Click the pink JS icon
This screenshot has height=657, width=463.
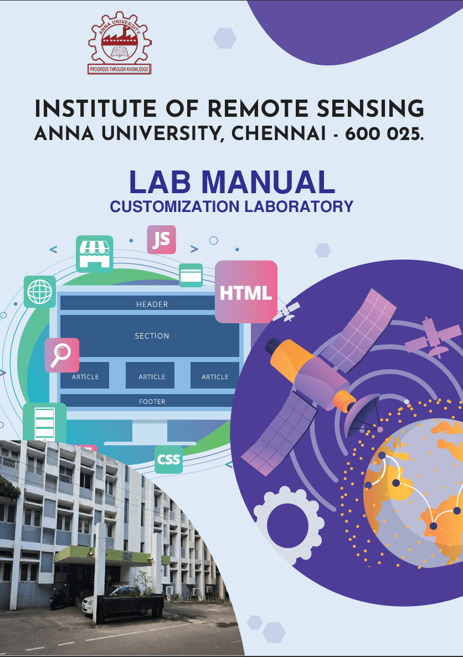[x=161, y=240]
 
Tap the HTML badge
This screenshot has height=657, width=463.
[x=246, y=292]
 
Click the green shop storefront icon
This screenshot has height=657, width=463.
[x=94, y=254]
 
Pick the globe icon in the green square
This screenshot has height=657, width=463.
[x=40, y=291]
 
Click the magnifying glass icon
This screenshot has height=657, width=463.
[x=61, y=355]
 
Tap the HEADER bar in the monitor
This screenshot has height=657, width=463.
[x=151, y=304]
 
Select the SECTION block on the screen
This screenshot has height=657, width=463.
[x=151, y=336]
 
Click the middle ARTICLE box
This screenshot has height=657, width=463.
[x=151, y=376]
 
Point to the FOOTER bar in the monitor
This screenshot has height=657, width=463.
[x=151, y=401]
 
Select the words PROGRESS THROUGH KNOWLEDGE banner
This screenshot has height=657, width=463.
[x=119, y=69]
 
